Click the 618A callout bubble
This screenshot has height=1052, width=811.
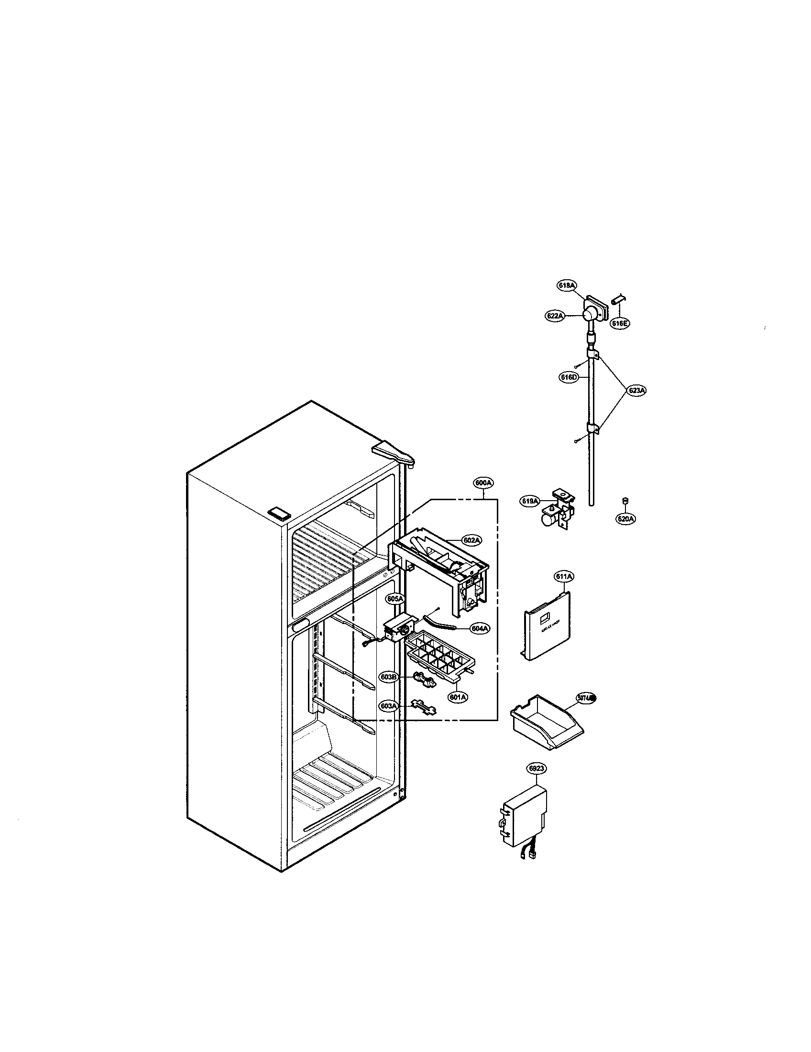pyautogui.click(x=566, y=285)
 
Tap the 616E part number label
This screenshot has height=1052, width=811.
pyautogui.click(x=620, y=323)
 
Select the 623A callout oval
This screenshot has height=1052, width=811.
pyautogui.click(x=636, y=390)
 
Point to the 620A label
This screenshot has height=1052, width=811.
pyautogui.click(x=625, y=519)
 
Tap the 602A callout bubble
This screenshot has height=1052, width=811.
pyautogui.click(x=471, y=540)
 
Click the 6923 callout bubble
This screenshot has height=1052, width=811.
pyautogui.click(x=536, y=769)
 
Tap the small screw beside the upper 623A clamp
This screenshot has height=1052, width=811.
pyautogui.click(x=577, y=367)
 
